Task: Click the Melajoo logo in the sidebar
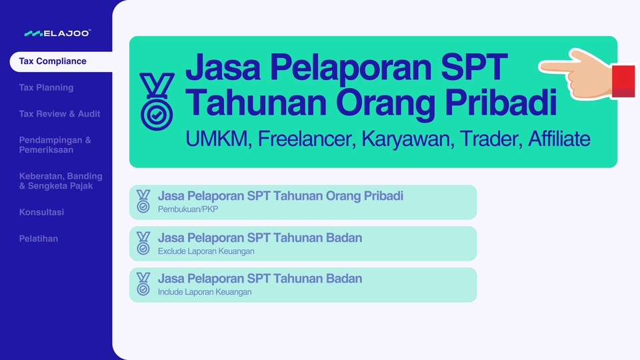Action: pos(57,33)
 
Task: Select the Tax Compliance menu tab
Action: pos(53,61)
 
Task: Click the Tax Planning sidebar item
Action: pos(46,87)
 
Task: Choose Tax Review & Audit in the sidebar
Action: pos(59,114)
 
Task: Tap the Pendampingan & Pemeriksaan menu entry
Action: pos(55,145)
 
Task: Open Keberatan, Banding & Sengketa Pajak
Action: pos(61,181)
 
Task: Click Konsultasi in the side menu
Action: pos(41,212)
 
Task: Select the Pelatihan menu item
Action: pos(39,239)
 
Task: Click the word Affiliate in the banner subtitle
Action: pos(559,139)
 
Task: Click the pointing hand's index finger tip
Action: pos(543,66)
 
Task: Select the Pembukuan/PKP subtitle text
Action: pos(188,210)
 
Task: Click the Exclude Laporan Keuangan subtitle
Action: pos(206,251)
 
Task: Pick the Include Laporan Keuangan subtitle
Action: pos(205,293)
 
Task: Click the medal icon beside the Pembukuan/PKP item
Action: pos(143,201)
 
